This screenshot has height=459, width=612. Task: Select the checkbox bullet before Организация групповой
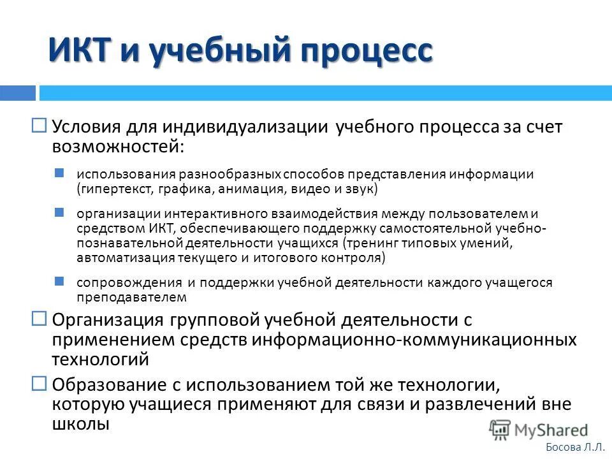39,317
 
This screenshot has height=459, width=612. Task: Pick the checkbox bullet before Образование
39,383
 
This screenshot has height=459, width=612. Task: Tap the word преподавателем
131,297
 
